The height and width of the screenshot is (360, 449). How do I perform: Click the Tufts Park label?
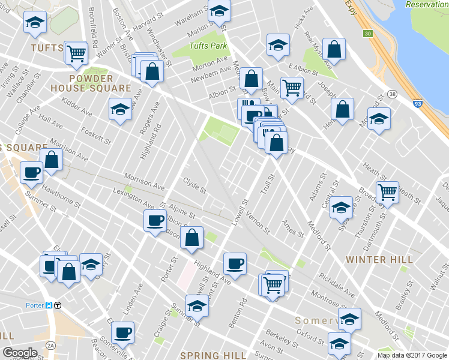click(x=208, y=46)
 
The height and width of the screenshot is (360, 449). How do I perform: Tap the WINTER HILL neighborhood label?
click(x=379, y=260)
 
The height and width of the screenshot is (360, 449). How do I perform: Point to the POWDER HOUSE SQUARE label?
click(x=100, y=83)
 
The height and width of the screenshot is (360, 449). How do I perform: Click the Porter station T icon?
click(x=58, y=305)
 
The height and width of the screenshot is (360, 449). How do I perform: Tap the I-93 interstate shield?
click(x=418, y=104)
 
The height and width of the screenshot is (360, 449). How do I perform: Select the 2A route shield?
click(x=51, y=346)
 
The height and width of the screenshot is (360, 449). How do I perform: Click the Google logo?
click(x=20, y=353)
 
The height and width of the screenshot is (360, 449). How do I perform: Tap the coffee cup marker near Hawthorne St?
click(x=31, y=173)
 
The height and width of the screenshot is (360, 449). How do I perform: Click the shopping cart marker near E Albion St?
click(x=292, y=87)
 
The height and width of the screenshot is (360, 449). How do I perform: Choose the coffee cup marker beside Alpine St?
click(x=155, y=221)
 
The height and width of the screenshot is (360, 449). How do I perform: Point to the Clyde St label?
click(x=194, y=185)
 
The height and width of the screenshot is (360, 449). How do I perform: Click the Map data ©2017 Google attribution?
click(x=411, y=355)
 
